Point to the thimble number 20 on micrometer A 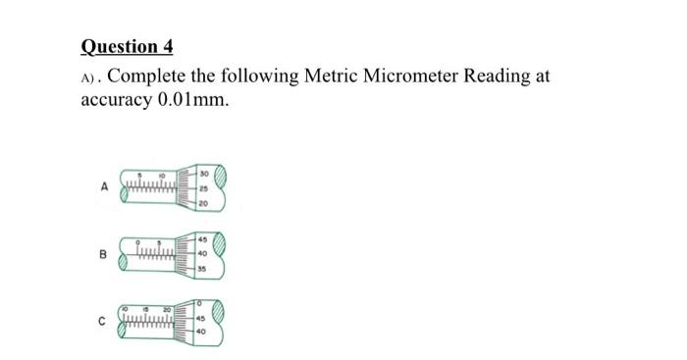203,202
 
